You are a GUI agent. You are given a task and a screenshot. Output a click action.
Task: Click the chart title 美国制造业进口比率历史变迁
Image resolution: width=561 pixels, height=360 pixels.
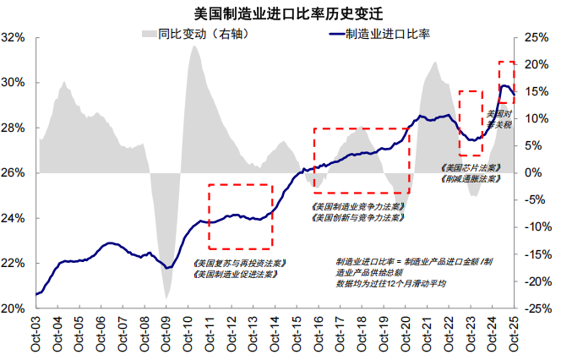[280, 14]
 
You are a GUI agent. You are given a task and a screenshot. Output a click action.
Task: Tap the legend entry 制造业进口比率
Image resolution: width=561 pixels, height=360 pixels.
[380, 34]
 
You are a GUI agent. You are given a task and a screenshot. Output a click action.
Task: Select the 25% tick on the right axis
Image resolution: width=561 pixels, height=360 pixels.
[537, 38]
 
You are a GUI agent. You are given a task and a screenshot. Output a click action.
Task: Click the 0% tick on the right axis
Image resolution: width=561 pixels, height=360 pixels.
[534, 173]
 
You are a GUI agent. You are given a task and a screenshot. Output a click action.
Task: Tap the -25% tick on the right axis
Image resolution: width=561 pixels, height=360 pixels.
[539, 308]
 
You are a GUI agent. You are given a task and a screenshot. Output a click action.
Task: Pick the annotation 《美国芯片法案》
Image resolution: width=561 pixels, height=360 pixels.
[471, 168]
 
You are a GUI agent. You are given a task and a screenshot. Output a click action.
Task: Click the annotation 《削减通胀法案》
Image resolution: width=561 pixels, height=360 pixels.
[471, 179]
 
